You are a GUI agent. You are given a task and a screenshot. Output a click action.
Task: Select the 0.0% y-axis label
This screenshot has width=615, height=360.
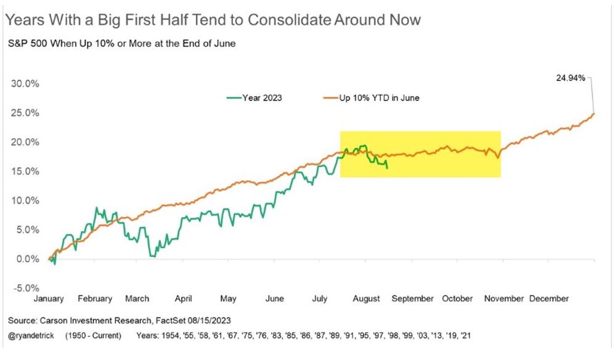click(28, 259)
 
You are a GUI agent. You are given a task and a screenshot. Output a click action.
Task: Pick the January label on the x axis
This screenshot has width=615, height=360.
click(49, 299)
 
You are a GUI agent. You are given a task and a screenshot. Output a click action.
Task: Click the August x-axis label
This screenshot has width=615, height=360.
click(366, 299)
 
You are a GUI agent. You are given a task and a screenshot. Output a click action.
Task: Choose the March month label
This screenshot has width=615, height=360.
click(137, 299)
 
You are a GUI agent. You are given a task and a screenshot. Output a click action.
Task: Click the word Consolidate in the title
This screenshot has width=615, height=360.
click(290, 20)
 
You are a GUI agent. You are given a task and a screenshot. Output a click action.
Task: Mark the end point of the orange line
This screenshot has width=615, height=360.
click(594, 113)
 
